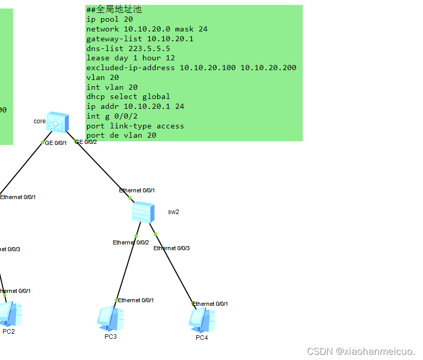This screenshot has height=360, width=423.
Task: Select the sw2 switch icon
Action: (143, 212)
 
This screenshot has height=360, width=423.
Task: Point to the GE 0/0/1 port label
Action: (56, 143)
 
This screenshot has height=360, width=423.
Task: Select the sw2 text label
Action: (173, 212)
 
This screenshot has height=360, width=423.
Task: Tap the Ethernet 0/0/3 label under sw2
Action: (172, 248)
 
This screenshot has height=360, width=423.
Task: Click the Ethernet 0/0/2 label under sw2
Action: (131, 242)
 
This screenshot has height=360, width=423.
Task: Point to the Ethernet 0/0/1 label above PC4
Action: (210, 304)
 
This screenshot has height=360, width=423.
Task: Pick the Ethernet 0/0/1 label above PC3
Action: (136, 300)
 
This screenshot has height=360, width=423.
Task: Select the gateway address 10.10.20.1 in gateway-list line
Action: (170, 39)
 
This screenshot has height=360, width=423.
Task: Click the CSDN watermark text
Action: (361, 351)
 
